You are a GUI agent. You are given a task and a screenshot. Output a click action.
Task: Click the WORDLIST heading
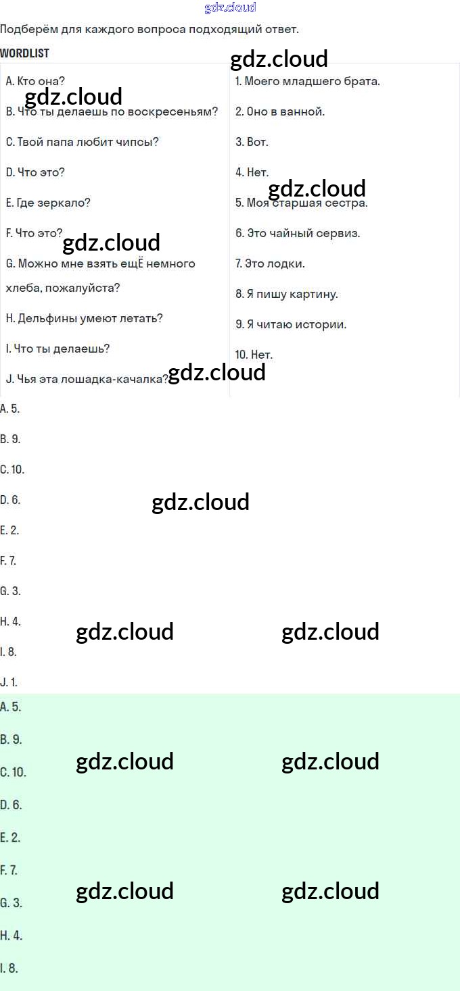pos(24,53)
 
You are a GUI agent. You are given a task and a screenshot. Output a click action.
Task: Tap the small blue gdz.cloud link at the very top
pos(230,7)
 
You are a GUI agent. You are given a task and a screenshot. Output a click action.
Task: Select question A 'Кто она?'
pos(35,81)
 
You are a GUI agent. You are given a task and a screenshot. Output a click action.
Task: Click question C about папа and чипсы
pos(82,142)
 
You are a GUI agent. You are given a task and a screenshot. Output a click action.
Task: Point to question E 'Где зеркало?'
pos(48,203)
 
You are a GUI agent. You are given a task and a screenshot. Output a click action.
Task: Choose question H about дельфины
pos(84,318)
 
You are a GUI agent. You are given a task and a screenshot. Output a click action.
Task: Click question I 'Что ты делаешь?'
pos(57,349)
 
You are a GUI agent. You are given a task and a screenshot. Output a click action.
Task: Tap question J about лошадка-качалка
pos(87,379)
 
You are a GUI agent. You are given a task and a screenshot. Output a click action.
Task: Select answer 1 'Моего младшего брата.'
pos(308,82)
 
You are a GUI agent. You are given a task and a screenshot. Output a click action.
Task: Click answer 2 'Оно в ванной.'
pos(280,111)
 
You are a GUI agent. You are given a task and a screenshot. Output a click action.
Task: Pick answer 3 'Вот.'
pos(252,142)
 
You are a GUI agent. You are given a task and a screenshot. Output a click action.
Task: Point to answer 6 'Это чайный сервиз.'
pos(298,233)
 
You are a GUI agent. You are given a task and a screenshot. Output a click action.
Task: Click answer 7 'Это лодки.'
pos(270,263)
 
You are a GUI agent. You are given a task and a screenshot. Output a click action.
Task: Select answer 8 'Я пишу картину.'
pos(287,295)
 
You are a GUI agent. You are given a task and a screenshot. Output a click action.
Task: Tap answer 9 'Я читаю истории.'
pos(291,324)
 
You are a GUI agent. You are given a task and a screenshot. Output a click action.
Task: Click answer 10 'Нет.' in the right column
pos(254,355)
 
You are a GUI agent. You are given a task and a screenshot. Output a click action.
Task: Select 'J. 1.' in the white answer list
pos(9,682)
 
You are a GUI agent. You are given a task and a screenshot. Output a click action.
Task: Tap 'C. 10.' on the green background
pos(14,772)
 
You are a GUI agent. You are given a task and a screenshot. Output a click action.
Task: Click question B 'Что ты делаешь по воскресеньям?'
pos(112,111)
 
